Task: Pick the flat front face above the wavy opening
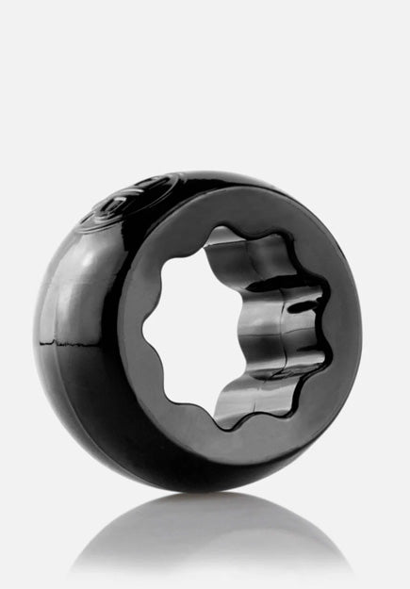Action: pyautogui.click(x=240, y=203)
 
